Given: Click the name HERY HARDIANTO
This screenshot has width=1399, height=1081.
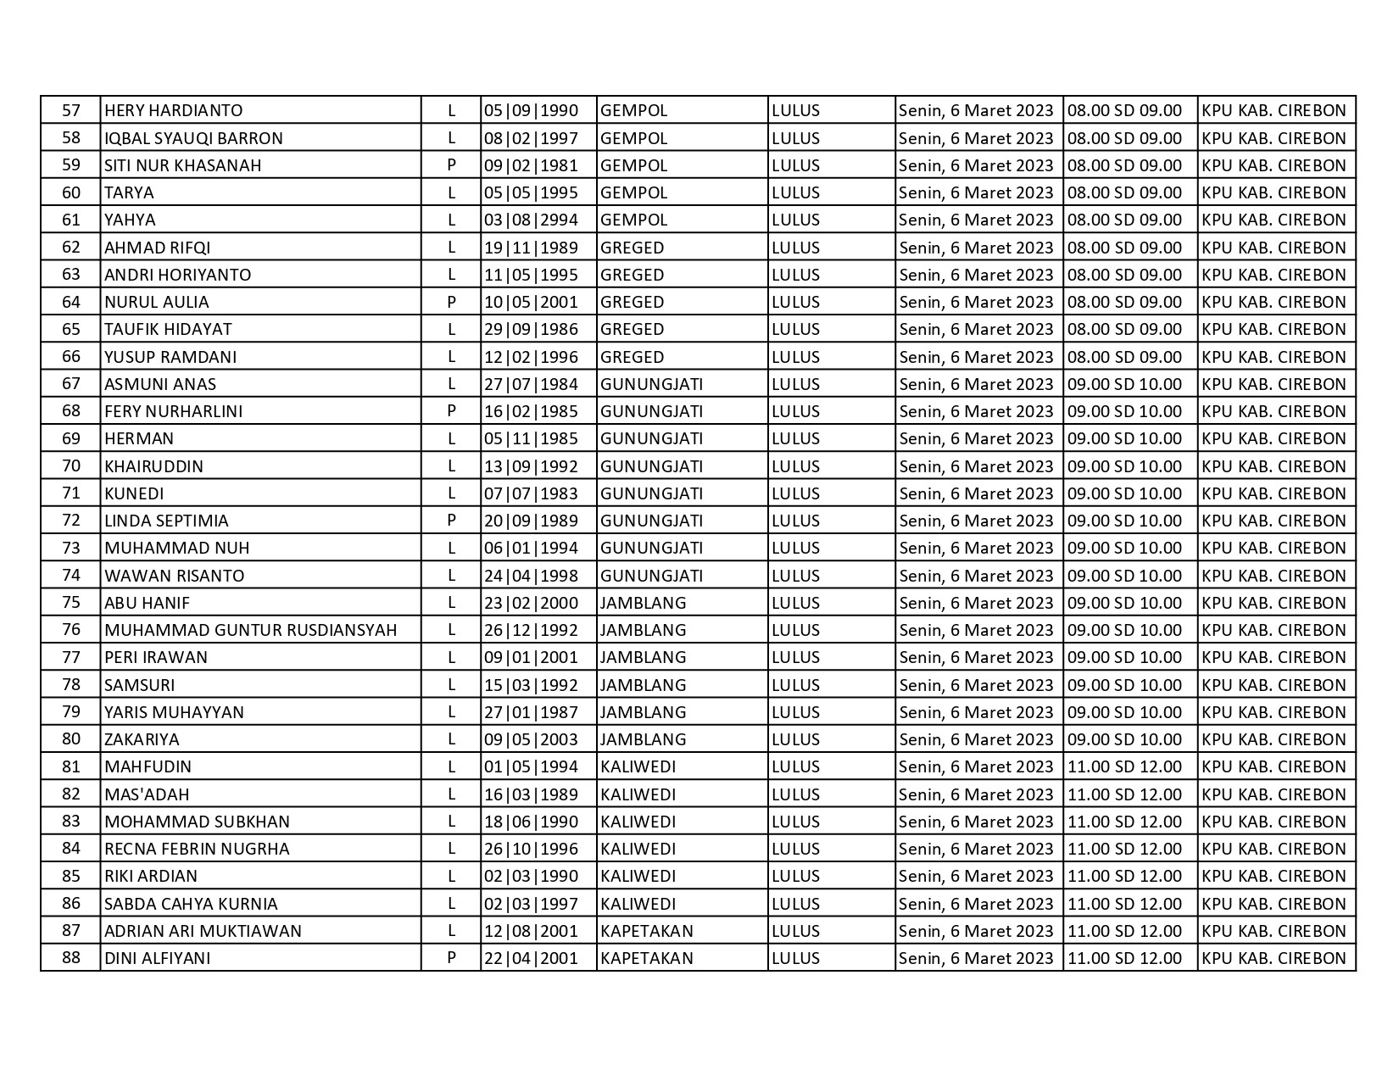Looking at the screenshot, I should point(173,110).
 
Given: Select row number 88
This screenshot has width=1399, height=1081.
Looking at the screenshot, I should point(71,957).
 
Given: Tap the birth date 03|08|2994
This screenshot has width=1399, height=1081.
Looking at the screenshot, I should point(531,220).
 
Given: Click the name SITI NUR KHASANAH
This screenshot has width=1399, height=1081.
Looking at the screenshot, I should point(182,165).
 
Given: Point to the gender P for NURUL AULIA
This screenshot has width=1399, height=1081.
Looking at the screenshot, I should point(451,302).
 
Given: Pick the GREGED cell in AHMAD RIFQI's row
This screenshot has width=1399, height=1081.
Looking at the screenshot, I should point(632,248).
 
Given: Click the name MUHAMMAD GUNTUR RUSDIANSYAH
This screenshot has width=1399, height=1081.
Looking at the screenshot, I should point(250,630).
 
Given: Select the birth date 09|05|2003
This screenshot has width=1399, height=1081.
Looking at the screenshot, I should point(531,739).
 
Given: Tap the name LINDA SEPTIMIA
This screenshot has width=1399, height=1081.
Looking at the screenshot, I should point(166,521).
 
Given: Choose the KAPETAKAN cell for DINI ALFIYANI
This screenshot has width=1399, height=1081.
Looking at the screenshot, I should point(646,958).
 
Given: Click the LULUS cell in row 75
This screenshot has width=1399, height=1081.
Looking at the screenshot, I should point(795,603).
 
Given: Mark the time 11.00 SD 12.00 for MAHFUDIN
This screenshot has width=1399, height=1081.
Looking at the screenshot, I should point(1124,766).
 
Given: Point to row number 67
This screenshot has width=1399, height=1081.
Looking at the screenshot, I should point(71,383).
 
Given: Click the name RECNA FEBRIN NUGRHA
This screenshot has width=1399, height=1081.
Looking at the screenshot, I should point(197,849).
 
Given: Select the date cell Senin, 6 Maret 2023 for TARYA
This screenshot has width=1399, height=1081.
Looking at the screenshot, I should point(976,192).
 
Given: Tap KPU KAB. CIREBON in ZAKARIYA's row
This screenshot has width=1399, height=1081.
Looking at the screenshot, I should point(1274,739).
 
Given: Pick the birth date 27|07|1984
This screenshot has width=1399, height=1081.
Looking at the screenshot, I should point(531,384).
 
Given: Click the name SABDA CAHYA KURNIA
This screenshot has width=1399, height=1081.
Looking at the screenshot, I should point(191,904).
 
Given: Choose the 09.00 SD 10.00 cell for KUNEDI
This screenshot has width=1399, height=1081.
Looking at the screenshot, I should point(1124,493).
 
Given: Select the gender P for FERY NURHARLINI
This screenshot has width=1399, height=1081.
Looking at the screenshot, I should point(451,411).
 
